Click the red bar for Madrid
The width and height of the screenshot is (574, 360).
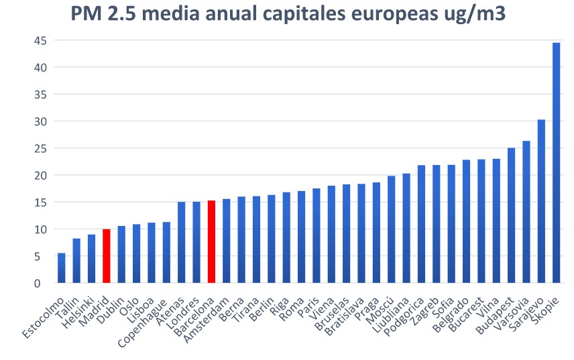(x=107, y=256)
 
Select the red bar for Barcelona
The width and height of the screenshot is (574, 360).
(x=211, y=242)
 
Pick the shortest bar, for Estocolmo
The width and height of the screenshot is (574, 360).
(x=62, y=268)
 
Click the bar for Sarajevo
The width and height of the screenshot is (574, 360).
(x=541, y=201)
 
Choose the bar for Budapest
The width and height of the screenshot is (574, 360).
(x=512, y=215)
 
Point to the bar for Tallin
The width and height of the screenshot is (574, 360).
(x=76, y=261)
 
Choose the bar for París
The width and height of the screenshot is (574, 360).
(x=317, y=235)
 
